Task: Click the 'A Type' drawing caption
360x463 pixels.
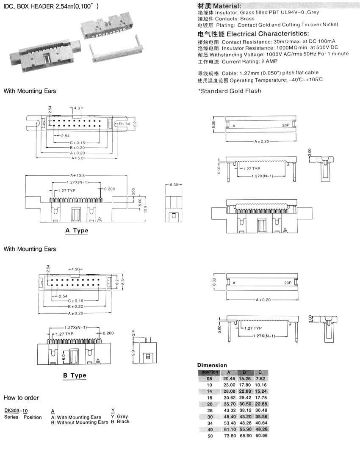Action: click(x=77, y=231)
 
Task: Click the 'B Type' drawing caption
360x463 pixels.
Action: click(x=75, y=375)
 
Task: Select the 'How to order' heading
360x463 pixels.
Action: click(x=21, y=398)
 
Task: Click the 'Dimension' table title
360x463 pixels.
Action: click(x=212, y=365)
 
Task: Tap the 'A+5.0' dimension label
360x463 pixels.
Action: click(x=78, y=158)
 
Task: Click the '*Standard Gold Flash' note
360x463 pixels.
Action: click(x=230, y=91)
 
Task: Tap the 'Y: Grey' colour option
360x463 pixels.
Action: click(x=119, y=416)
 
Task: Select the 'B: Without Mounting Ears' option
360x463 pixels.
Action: click(x=80, y=422)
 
